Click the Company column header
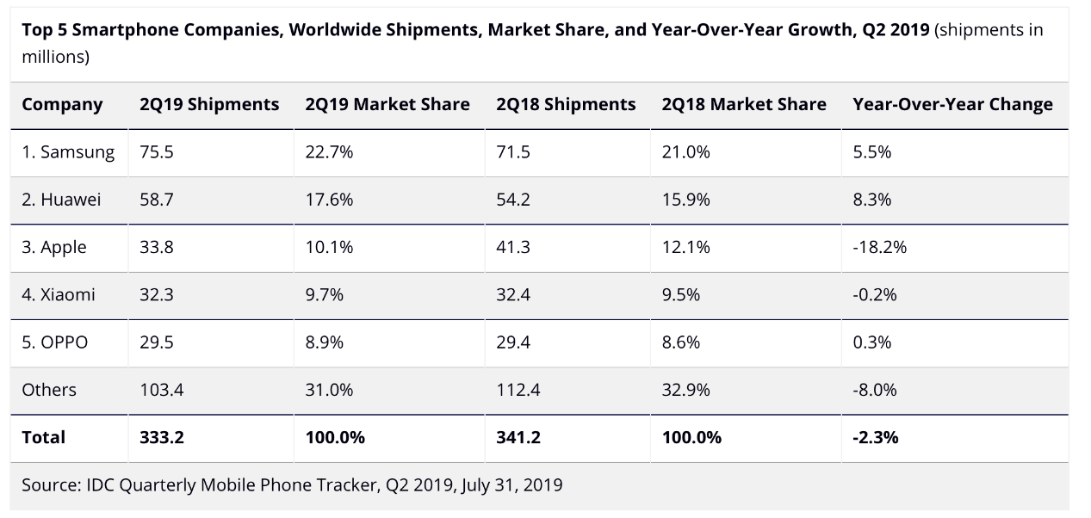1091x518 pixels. [x=62, y=105]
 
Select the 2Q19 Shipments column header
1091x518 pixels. [x=209, y=105]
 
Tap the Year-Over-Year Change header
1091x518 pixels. [x=952, y=105]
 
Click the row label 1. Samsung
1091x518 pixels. [x=68, y=152]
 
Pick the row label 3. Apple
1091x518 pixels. [x=54, y=247]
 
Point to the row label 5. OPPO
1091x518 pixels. [x=55, y=342]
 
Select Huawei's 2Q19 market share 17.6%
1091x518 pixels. [x=329, y=200]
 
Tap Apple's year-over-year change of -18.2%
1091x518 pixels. [x=879, y=247]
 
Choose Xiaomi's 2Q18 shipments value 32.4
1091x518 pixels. [x=512, y=294]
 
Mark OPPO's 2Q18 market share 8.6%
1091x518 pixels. [x=685, y=342]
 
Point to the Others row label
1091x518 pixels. [x=49, y=389]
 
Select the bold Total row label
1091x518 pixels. [x=43, y=436]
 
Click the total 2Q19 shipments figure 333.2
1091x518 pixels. [x=161, y=436]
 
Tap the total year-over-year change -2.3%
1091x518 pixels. [x=876, y=436]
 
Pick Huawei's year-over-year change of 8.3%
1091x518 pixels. [x=871, y=200]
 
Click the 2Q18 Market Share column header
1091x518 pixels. [x=744, y=105]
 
